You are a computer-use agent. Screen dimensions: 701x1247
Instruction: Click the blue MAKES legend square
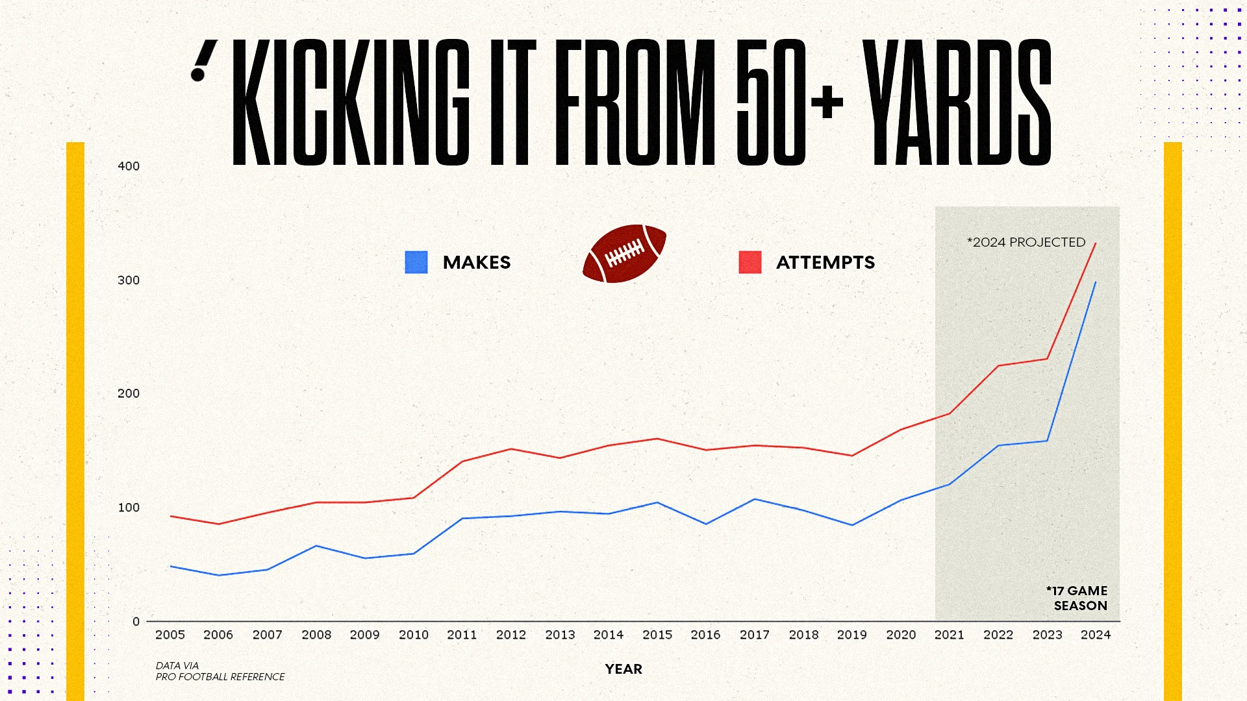click(416, 262)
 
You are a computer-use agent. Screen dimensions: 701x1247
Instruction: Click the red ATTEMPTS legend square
click(749, 262)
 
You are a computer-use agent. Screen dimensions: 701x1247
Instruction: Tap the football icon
click(624, 253)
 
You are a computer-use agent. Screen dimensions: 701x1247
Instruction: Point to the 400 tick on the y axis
click(129, 166)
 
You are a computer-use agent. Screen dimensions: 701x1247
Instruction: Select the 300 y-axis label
click(129, 280)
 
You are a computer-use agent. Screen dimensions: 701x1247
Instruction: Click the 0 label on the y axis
click(136, 622)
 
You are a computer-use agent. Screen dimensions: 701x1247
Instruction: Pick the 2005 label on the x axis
click(170, 635)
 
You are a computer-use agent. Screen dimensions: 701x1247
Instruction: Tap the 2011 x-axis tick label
click(462, 635)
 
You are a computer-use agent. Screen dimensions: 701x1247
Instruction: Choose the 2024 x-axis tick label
click(1096, 635)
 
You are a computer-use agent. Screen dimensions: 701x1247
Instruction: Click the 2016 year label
click(705, 635)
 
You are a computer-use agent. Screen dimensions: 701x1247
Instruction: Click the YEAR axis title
click(623, 669)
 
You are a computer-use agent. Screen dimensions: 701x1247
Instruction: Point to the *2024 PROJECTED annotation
click(1026, 242)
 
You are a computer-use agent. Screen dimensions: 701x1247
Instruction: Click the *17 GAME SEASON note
click(1077, 598)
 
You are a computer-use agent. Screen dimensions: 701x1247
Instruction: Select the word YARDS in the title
click(959, 103)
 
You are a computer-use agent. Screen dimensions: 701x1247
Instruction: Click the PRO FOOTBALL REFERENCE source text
click(220, 676)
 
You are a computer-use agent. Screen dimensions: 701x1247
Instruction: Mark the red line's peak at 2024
click(1096, 243)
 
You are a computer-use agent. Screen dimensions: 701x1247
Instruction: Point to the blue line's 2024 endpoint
click(1096, 282)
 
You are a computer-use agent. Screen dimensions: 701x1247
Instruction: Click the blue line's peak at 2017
click(755, 499)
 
